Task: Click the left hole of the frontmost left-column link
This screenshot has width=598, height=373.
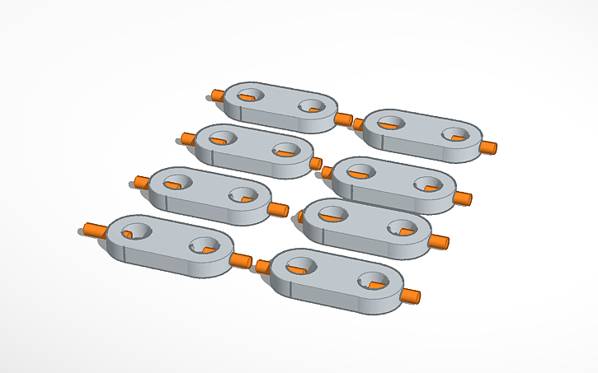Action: (134, 231)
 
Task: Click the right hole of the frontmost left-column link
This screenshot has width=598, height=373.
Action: (203, 245)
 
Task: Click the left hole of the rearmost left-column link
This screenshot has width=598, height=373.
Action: (249, 96)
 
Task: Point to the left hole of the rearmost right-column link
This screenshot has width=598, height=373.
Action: (388, 123)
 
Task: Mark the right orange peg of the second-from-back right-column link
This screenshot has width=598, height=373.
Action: (463, 198)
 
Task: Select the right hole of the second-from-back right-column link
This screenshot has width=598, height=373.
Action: (428, 184)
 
